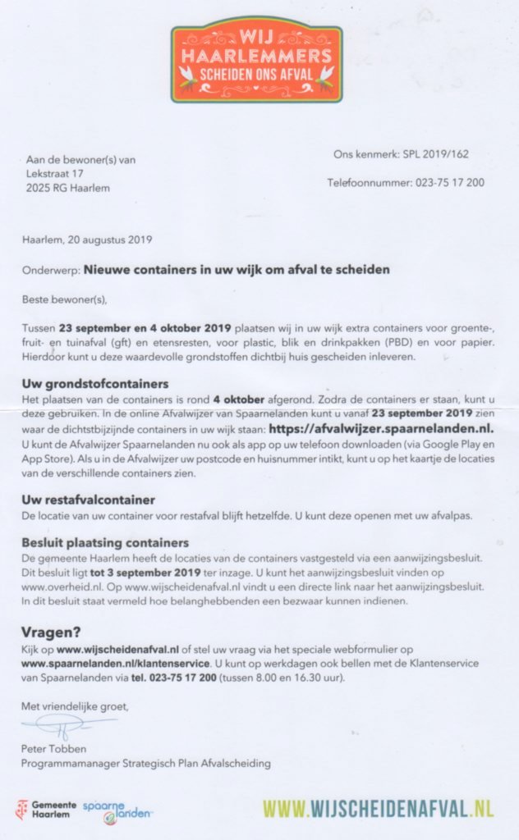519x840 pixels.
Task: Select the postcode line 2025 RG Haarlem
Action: [x=67, y=188]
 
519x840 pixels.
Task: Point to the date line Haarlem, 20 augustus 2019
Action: [x=87, y=240]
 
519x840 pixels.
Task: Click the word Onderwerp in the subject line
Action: [x=51, y=269]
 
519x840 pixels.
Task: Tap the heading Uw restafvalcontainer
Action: [x=90, y=499]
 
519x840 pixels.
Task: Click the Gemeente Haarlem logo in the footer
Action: [x=46, y=808]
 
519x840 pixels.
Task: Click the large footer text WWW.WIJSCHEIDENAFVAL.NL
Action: [x=379, y=808]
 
